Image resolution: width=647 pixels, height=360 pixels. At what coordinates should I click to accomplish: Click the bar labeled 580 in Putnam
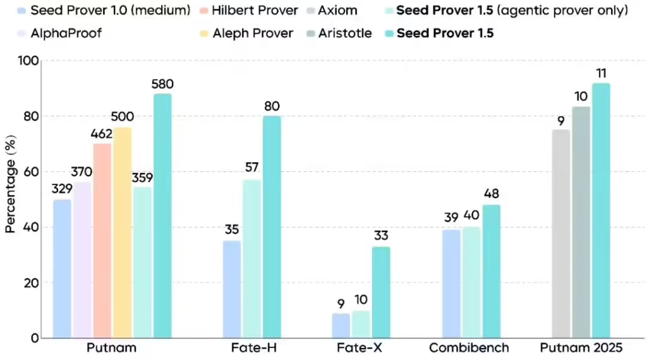coord(162,215)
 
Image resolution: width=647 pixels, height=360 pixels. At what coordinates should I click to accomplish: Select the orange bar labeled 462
coord(102,240)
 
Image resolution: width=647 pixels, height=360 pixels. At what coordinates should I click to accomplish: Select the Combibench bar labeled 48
coord(490,271)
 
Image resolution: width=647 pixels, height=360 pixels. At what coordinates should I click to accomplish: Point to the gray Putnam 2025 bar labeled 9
coord(560,234)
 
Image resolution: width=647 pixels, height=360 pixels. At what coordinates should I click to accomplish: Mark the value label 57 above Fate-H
coord(252,167)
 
